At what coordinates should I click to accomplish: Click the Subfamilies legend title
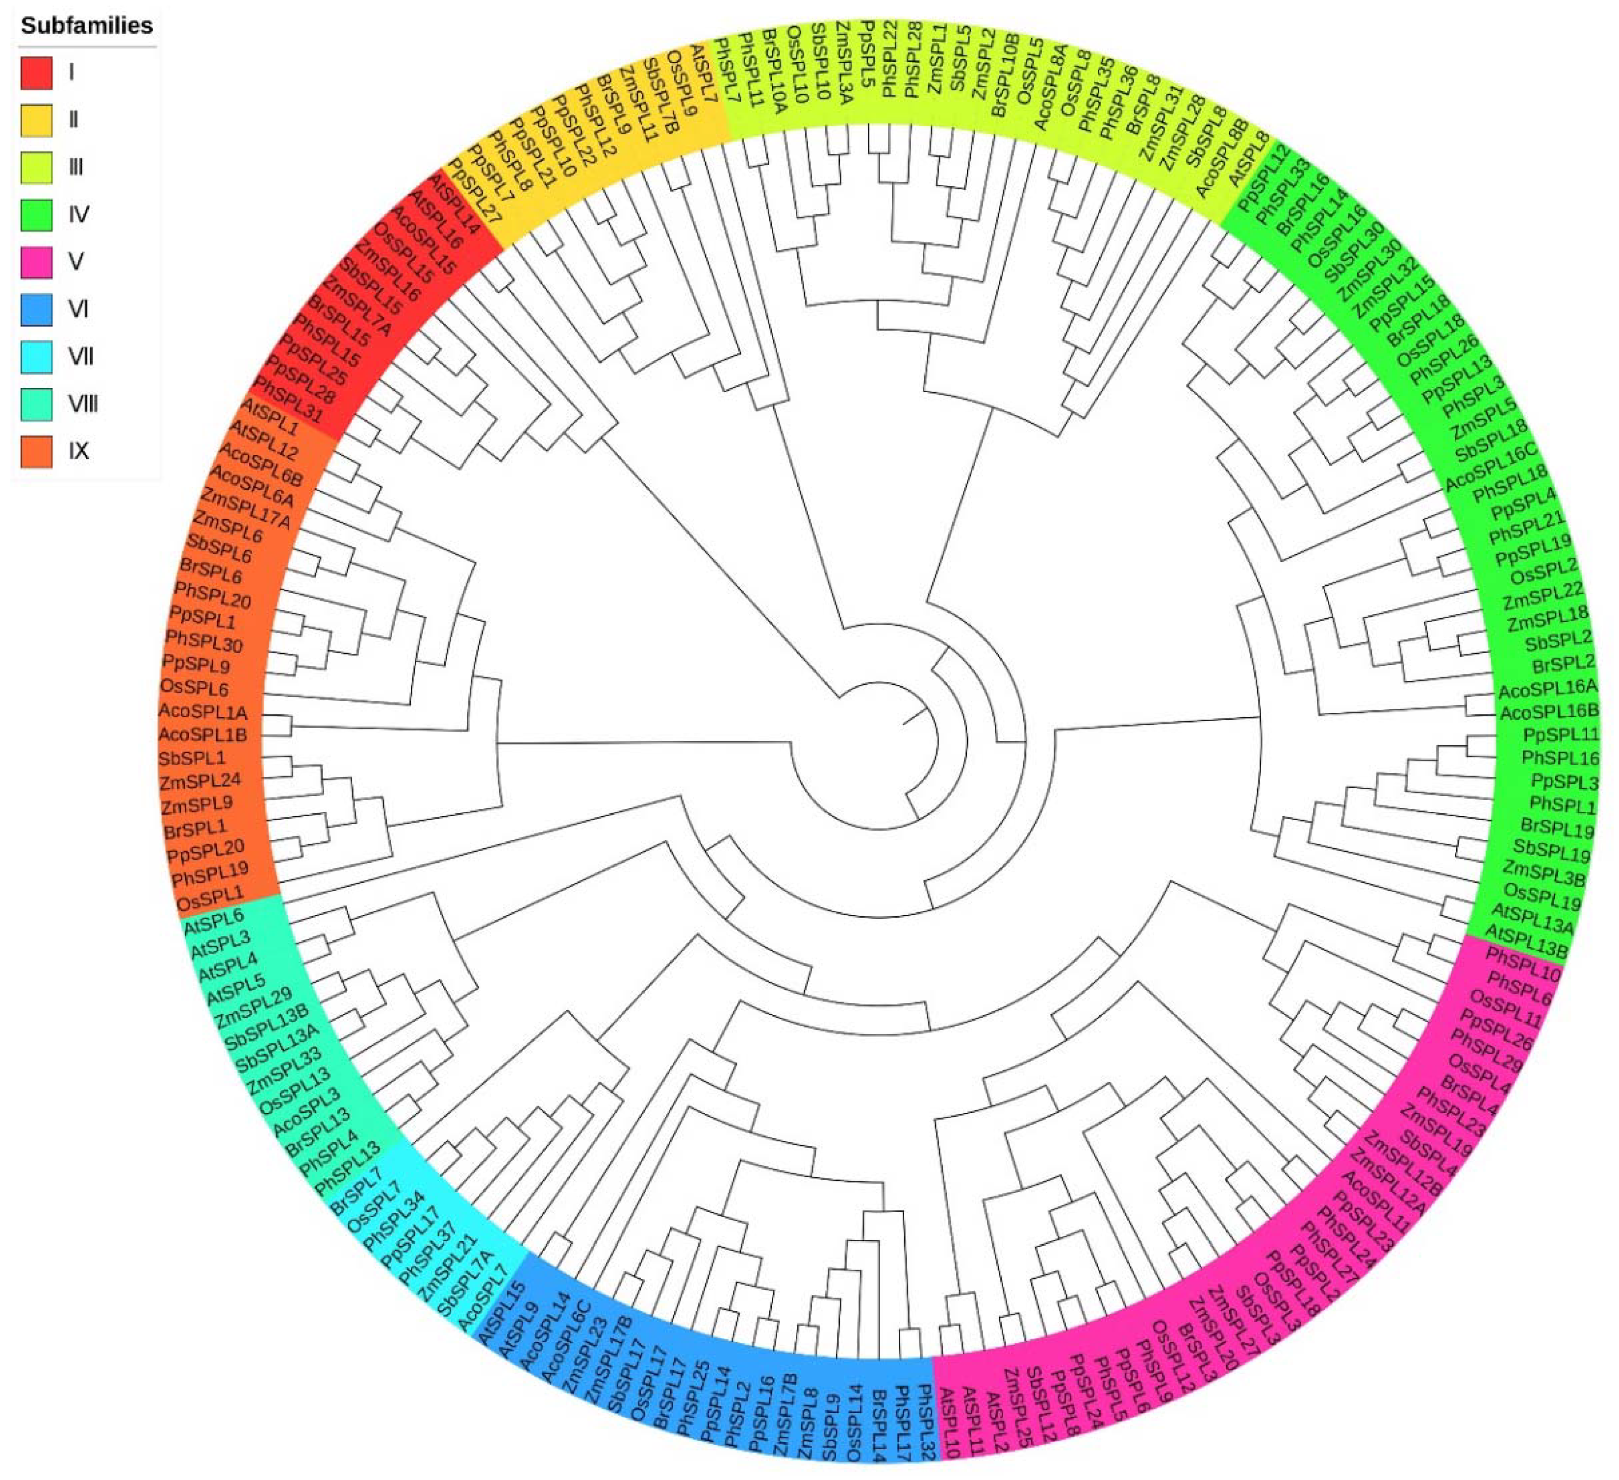tap(87, 25)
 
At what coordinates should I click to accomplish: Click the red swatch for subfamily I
tap(36, 72)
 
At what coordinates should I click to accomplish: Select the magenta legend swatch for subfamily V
tap(36, 262)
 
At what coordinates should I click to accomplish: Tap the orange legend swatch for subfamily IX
tap(36, 452)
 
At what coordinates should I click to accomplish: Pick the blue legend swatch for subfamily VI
tap(36, 309)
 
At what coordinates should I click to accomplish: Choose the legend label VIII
tap(82, 404)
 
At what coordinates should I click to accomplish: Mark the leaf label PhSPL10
tap(1522, 964)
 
